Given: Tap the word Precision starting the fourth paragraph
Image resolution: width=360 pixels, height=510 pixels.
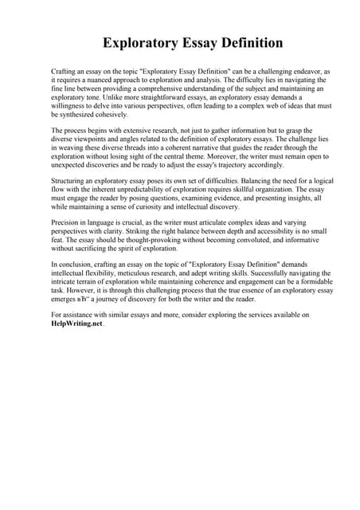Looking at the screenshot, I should point(68,225).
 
